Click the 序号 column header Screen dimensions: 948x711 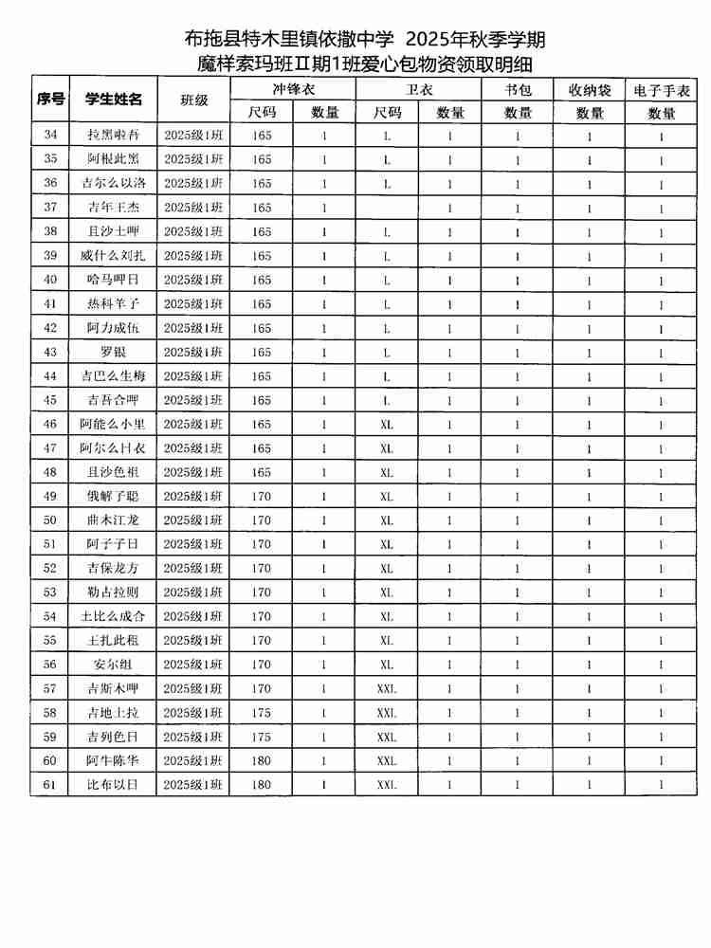tap(49, 100)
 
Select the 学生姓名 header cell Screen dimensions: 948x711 tap(113, 100)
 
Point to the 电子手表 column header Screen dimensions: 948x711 tap(661, 89)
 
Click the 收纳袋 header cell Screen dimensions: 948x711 tap(590, 89)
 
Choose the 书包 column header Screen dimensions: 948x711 tap(518, 89)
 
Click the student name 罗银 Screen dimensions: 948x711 tap(113, 352)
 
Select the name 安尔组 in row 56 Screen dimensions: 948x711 tap(113, 665)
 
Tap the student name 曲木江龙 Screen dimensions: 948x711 tap(113, 520)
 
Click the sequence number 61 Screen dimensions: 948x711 tap(49, 785)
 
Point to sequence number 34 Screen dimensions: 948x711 tap(49, 136)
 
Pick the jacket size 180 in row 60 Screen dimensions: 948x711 tap(262, 760)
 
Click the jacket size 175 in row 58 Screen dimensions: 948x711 tap(262, 712)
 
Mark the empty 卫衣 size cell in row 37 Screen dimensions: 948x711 tap(387, 208)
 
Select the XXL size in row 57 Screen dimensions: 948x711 tap(387, 688)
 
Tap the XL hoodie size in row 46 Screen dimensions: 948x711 tap(387, 424)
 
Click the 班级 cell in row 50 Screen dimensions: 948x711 tap(192, 520)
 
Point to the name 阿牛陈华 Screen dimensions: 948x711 tap(113, 760)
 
